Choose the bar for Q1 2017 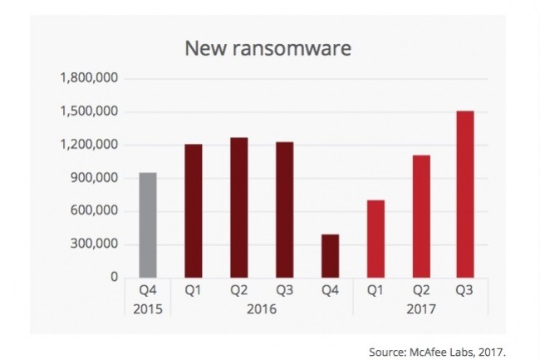[375, 239]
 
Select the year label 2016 [261, 308]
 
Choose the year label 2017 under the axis [420, 308]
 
